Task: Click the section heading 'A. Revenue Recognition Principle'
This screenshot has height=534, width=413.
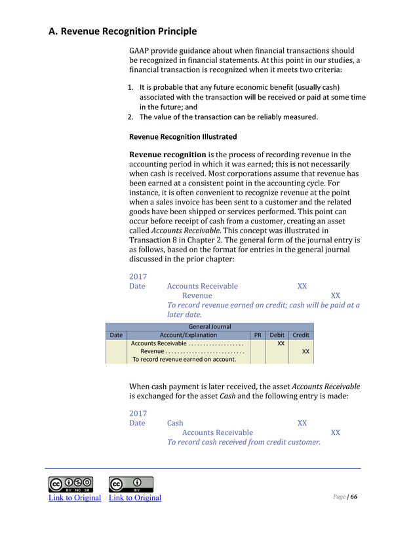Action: tap(123, 31)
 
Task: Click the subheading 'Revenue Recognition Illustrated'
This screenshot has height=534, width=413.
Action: tap(183, 137)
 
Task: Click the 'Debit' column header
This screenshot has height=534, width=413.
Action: tap(277, 335)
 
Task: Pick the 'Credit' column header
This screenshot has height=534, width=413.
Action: tap(301, 335)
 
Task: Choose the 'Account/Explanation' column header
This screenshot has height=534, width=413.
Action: tap(188, 335)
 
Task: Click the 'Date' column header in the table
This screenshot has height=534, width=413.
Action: tap(116, 335)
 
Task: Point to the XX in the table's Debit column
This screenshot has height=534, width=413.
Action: tap(280, 343)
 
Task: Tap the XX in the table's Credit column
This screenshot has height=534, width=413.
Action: tap(305, 351)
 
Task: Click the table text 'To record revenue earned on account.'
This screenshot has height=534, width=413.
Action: tap(184, 359)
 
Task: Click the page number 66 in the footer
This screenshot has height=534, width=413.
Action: tap(354, 497)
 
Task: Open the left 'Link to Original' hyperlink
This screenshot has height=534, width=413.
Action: tap(75, 498)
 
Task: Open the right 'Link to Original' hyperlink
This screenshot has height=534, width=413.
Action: tap(135, 498)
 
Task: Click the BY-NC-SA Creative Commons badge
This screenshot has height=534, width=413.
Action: tap(70, 484)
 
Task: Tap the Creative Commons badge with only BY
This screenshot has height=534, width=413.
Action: tap(130, 484)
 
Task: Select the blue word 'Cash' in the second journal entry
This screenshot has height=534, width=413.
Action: tap(175, 423)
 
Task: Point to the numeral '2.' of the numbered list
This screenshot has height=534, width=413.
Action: tap(130, 117)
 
